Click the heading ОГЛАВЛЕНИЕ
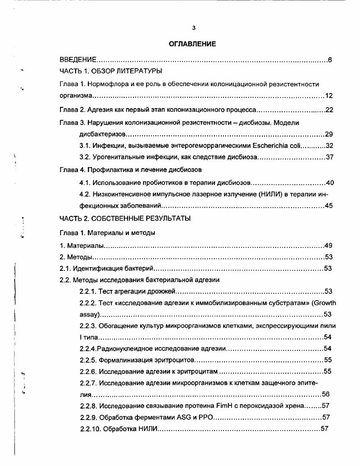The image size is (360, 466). [x=192, y=44]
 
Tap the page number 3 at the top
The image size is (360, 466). [x=193, y=28]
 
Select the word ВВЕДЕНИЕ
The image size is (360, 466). [x=78, y=60]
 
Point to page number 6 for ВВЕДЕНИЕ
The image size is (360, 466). [x=330, y=60]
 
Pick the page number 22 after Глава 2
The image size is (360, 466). [x=329, y=110]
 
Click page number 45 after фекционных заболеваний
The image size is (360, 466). [x=329, y=206]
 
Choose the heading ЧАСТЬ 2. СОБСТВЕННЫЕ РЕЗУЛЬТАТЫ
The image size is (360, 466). [x=125, y=219]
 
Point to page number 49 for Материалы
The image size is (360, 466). [x=328, y=246]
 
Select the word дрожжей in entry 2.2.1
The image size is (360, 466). [x=167, y=291]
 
